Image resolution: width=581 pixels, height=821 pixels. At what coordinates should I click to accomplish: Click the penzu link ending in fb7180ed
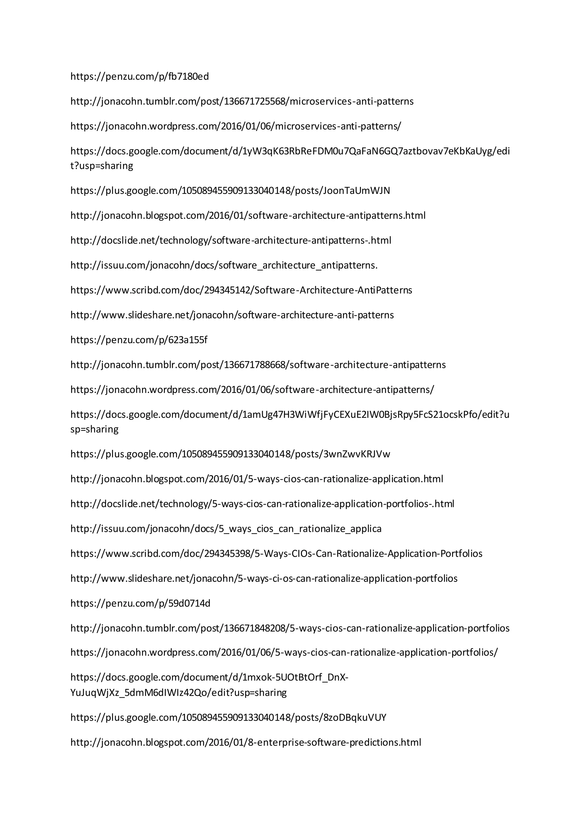(x=140, y=77)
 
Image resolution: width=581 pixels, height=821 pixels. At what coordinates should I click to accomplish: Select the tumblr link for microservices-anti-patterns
(x=242, y=101)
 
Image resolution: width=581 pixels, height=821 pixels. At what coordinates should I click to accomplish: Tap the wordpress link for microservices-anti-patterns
(x=236, y=126)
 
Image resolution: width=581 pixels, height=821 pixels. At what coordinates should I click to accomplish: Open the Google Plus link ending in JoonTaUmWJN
(x=230, y=191)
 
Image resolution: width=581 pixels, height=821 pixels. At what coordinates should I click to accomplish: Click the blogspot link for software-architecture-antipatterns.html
(x=248, y=216)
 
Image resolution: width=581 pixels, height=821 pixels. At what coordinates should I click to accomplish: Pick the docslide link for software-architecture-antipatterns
(x=231, y=240)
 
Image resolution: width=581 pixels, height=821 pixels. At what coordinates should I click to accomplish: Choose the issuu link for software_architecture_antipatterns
(x=224, y=265)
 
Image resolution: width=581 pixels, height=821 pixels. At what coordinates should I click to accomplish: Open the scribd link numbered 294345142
(x=241, y=290)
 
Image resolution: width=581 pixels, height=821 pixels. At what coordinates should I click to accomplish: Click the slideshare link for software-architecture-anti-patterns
(x=232, y=315)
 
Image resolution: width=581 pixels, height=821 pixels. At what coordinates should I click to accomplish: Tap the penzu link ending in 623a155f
(x=139, y=340)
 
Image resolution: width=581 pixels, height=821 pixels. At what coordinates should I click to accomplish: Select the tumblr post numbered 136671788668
(x=258, y=365)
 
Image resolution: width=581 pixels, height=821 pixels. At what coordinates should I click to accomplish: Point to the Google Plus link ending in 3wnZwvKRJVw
(x=230, y=454)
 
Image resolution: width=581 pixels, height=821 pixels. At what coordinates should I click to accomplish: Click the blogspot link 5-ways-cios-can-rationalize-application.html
(x=256, y=479)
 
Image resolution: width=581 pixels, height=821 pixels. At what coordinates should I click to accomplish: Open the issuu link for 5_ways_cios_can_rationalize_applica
(x=226, y=528)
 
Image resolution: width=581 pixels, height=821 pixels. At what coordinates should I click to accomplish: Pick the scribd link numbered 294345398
(x=276, y=554)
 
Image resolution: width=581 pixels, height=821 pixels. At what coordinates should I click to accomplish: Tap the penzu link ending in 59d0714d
(x=140, y=603)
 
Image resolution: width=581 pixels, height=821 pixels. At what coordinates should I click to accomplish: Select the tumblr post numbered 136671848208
(x=290, y=628)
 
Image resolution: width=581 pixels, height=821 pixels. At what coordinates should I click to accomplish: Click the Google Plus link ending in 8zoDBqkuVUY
(x=228, y=718)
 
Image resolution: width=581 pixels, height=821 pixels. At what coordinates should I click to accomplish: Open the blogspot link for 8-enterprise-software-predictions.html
(x=245, y=742)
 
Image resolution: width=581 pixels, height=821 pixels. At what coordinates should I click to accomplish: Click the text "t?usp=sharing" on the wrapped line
(x=102, y=166)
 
